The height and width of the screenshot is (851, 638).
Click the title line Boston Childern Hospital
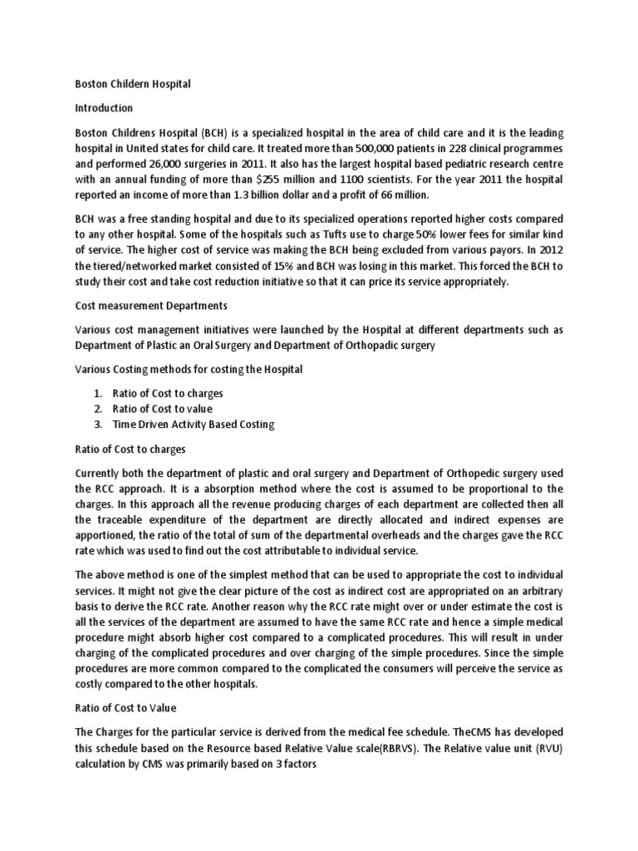click(133, 84)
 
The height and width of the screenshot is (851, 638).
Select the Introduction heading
click(104, 108)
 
